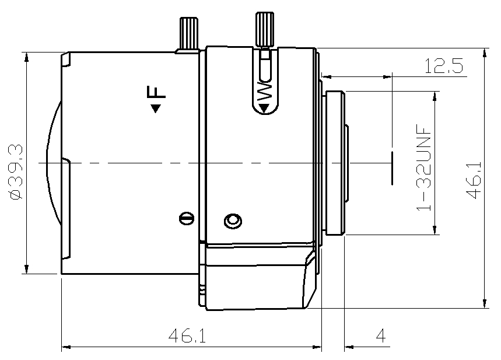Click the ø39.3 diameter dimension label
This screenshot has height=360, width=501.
tap(16, 172)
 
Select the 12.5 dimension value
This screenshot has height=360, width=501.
tap(443, 66)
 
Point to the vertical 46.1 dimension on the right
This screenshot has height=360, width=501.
tap(474, 180)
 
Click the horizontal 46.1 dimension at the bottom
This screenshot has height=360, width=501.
tap(187, 335)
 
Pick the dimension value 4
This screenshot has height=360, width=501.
tap(380, 335)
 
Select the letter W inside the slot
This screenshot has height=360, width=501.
tap(265, 92)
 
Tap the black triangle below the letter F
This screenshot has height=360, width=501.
tap(156, 109)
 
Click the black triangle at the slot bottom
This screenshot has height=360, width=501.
tap(264, 109)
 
